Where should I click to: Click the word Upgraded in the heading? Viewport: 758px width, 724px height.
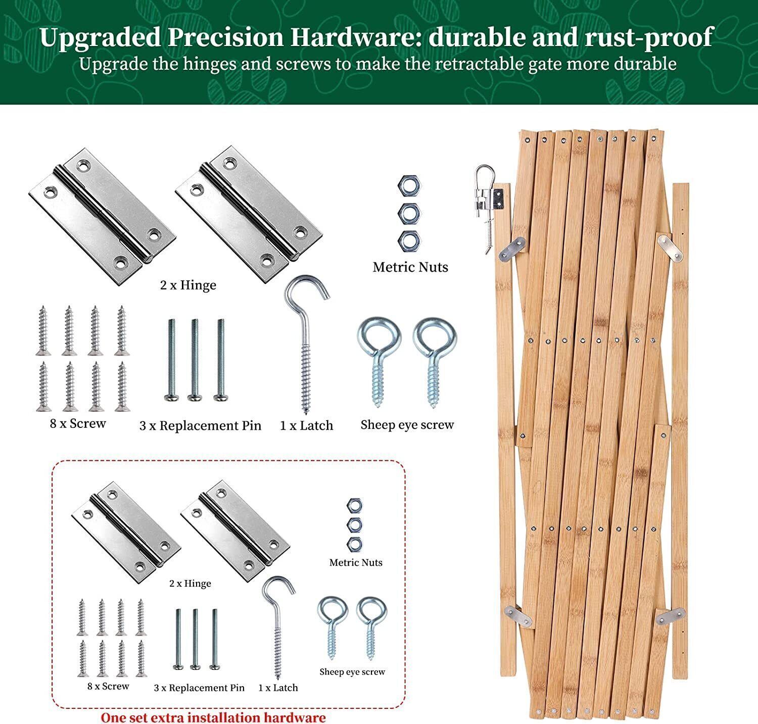coord(98,37)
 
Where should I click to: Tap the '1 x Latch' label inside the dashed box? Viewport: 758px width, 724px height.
coord(278,688)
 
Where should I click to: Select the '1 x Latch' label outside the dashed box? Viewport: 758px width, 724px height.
coord(306,425)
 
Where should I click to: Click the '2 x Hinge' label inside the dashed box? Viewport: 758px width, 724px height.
coord(190,584)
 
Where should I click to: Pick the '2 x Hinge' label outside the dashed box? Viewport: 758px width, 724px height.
coord(188,285)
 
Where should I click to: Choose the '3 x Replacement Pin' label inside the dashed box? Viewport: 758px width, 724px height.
coord(199,688)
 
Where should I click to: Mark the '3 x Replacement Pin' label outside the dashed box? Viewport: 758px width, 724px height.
coord(200,425)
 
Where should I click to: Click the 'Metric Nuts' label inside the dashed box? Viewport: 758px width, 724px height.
coord(356,562)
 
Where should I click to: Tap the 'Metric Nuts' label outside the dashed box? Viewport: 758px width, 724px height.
coord(410,267)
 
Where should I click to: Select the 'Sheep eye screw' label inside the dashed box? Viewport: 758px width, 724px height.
coord(352,672)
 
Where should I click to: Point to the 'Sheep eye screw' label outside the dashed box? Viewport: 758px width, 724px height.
coord(407,425)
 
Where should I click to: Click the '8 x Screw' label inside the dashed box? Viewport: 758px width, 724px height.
coord(108,686)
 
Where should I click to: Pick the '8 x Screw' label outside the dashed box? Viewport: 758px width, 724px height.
coord(78,423)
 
